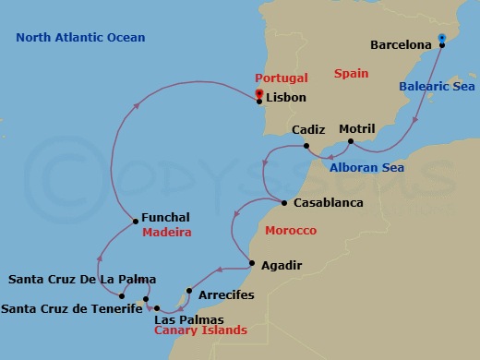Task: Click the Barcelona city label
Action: tap(401, 44)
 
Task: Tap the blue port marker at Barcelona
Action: tap(442, 39)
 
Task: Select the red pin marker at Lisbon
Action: tap(258, 92)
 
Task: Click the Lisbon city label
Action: tap(285, 98)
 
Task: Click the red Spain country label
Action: tap(351, 71)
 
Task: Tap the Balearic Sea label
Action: tap(436, 87)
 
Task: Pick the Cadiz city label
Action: tap(307, 131)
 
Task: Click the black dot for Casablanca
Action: tap(282, 202)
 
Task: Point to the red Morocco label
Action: tap(291, 230)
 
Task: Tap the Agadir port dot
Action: tap(251, 266)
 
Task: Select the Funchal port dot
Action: tap(135, 220)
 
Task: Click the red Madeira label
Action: tap(167, 233)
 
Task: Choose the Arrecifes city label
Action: tap(225, 298)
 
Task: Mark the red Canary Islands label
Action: tap(200, 330)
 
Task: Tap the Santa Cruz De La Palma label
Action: tap(82, 279)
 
